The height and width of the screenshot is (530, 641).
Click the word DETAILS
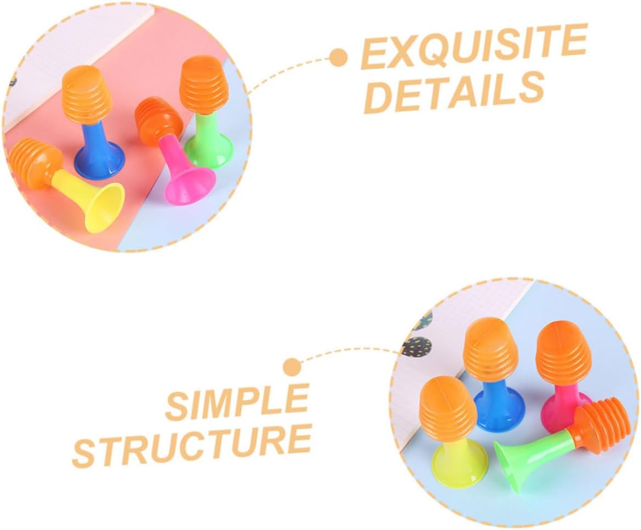pos(454,91)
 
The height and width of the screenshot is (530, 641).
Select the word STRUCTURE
pos(192,444)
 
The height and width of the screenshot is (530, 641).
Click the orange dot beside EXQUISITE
pos(339,56)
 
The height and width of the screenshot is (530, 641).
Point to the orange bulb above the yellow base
pos(448,407)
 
